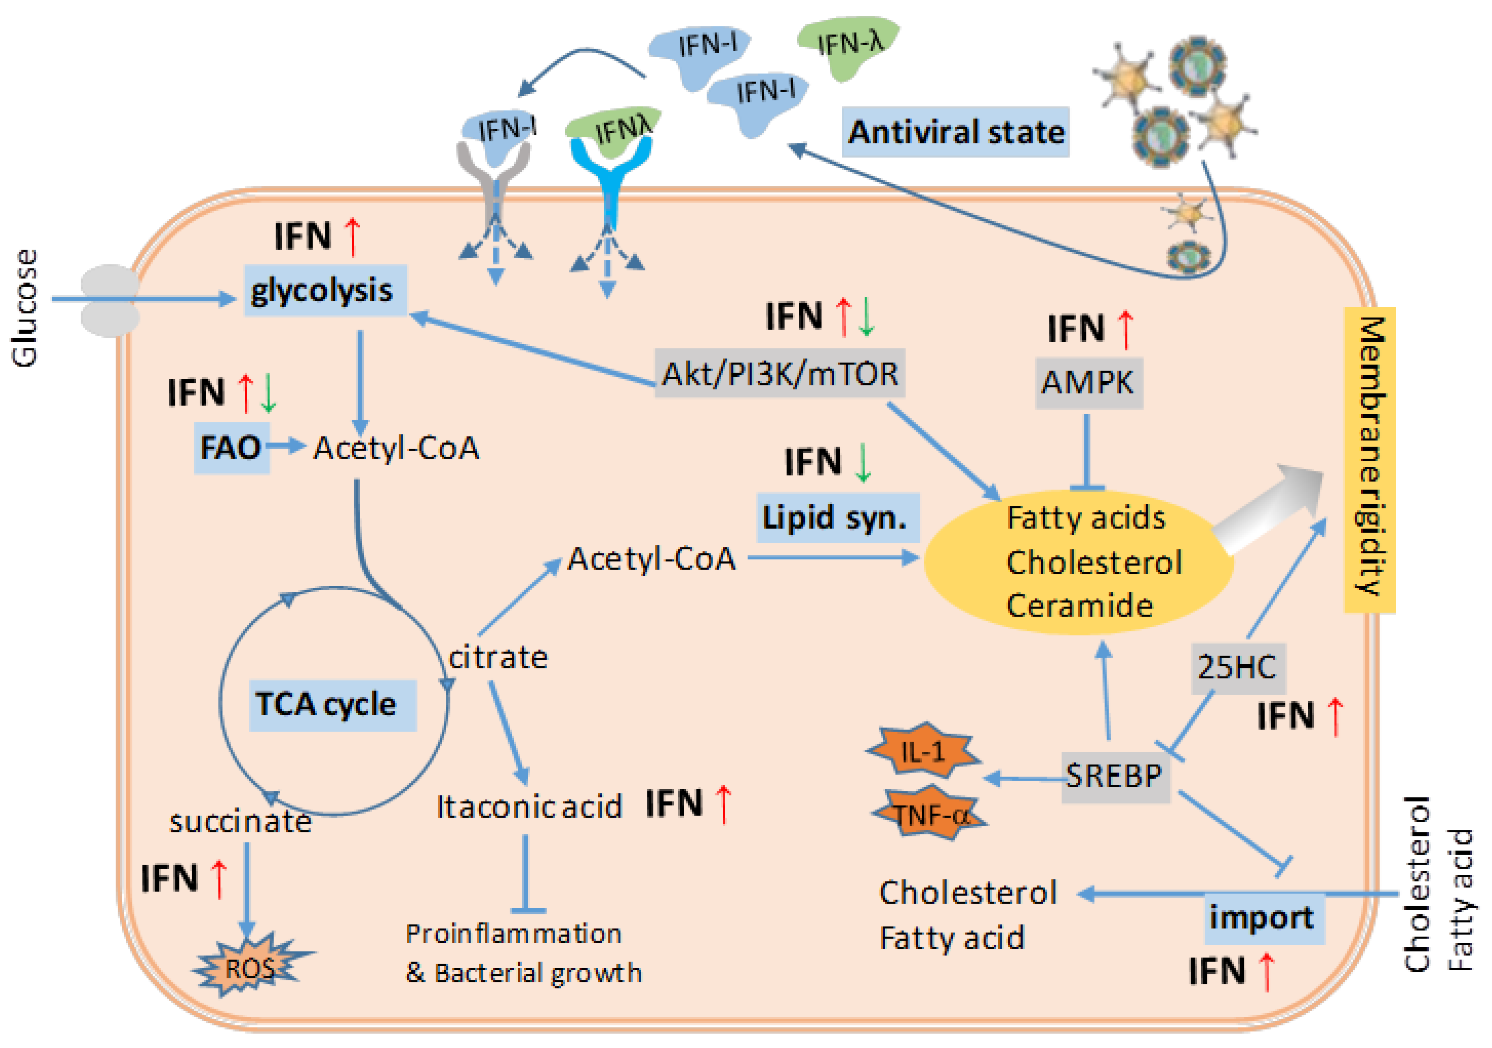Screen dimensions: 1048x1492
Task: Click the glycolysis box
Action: coord(325,290)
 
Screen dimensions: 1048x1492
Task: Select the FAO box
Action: coord(231,447)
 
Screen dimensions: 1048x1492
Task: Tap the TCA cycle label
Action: coord(332,704)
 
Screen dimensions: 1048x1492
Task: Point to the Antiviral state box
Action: coord(955,132)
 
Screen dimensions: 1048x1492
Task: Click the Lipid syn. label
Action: coord(837,518)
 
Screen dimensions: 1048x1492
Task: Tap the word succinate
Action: coord(240,821)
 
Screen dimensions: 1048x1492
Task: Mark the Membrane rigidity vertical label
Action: coord(1369,459)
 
